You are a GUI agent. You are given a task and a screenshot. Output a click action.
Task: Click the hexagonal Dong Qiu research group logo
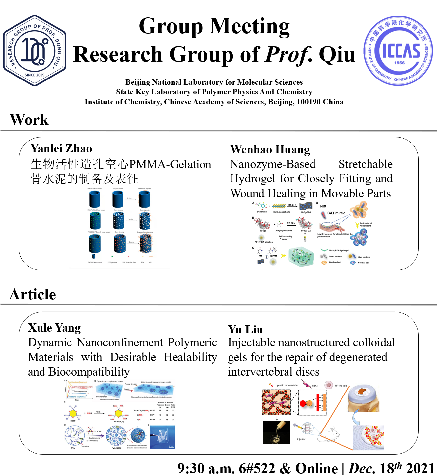(x=35, y=50)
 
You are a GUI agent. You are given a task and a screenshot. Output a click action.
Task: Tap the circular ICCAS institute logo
(x=398, y=51)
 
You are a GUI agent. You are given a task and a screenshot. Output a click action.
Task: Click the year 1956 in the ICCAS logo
(x=399, y=63)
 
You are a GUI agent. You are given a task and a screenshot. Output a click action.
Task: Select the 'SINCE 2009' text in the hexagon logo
(x=35, y=75)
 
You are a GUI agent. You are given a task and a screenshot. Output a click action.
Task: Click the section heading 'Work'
(x=29, y=120)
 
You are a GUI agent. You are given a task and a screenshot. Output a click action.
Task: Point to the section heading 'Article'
(x=33, y=294)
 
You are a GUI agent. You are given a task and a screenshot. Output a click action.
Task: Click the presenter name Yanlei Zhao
(x=61, y=148)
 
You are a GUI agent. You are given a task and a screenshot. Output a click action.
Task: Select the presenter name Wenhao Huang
(x=270, y=149)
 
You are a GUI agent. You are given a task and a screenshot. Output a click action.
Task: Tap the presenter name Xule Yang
(x=54, y=328)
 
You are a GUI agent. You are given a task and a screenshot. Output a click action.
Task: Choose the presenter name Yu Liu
(x=245, y=330)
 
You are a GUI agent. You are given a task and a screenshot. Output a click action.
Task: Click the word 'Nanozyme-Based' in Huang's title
(x=273, y=164)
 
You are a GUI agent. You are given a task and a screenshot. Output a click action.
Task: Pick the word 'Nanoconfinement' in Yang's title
(x=120, y=342)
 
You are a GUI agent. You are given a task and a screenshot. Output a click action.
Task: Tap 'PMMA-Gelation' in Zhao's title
(x=170, y=164)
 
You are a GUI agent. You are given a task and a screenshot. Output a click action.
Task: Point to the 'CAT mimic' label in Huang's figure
(x=336, y=213)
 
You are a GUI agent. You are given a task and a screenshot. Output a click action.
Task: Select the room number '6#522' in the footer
(x=257, y=468)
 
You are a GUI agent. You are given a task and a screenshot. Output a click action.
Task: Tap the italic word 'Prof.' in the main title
(x=289, y=54)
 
